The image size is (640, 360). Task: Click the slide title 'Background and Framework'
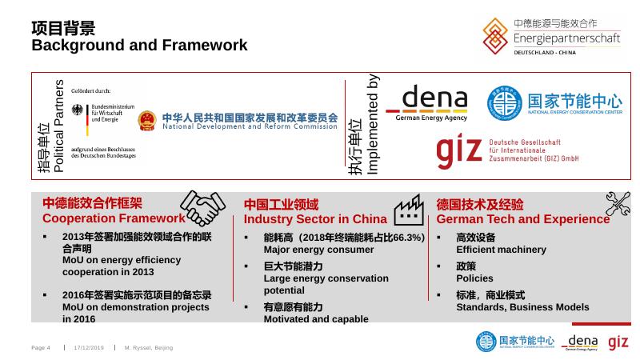(139, 46)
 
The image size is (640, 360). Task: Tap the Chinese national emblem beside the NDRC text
(148, 122)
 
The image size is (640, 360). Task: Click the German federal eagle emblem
(78, 110)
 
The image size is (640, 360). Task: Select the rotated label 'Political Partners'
(58, 126)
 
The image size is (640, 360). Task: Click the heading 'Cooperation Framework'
(114, 218)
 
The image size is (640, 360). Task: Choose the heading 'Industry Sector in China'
(315, 218)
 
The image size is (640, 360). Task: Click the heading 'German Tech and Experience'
(523, 218)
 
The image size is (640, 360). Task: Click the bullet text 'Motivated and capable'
(316, 318)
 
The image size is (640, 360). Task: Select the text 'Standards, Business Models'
(522, 306)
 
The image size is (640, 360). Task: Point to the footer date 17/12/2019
(89, 348)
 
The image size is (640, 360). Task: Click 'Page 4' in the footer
(41, 348)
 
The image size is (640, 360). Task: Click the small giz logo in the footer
(618, 342)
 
